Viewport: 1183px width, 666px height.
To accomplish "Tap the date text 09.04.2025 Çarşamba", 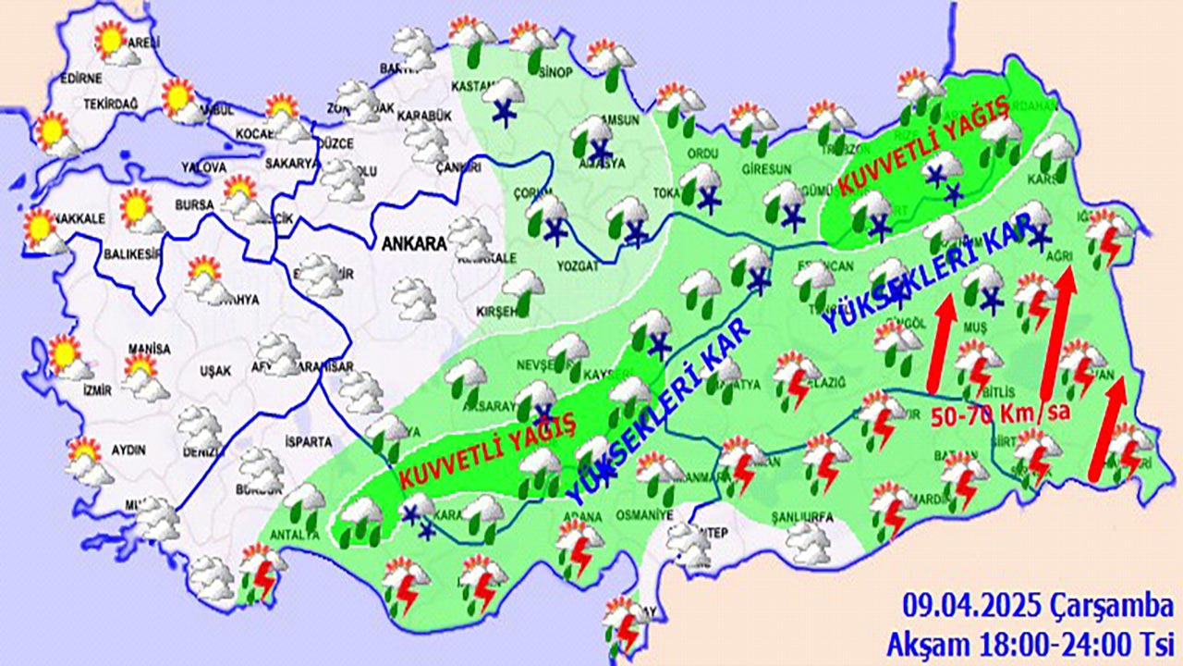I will click(x=1037, y=608).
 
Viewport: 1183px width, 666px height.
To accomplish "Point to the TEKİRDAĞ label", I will click(x=110, y=104).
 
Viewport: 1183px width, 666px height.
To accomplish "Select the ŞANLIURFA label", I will click(x=803, y=516).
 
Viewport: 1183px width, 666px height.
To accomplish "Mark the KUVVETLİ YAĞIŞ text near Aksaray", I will click(x=488, y=450).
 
